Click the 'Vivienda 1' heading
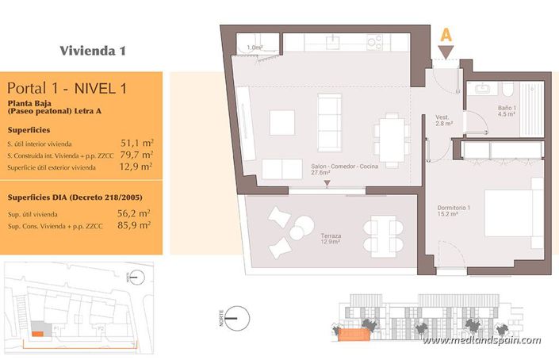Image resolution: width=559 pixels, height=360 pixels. [93, 51]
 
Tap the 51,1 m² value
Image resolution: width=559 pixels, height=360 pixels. [136, 144]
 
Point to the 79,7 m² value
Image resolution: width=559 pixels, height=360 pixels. [136, 155]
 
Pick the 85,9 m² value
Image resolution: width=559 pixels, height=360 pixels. [136, 225]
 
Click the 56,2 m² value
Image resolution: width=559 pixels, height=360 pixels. [136, 213]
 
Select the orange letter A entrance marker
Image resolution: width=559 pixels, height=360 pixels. [446, 35]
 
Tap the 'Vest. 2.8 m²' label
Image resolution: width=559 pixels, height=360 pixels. [443, 120]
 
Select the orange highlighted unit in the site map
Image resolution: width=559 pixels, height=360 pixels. [37, 333]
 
